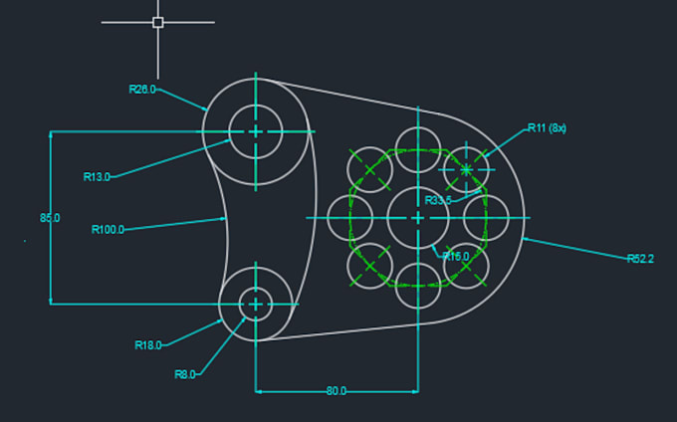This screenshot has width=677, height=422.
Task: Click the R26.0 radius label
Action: pos(142,90)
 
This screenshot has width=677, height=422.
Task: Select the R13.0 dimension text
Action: pos(97,177)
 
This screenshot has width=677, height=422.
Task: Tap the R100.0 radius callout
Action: pos(108,230)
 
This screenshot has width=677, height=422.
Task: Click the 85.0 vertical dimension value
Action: pos(50,218)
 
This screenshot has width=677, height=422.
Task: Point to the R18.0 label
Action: pos(148,345)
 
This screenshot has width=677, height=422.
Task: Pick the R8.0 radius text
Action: pos(185,374)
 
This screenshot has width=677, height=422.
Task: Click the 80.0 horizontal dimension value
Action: pos(337,391)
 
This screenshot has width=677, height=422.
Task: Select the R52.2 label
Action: pos(640,259)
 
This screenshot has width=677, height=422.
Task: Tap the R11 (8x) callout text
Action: pos(547,128)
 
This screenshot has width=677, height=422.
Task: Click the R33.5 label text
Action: pos(438,200)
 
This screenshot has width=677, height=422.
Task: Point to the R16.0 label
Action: pos(455,257)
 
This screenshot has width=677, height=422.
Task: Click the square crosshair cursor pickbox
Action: pos(157,22)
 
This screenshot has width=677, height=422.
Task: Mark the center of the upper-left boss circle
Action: pos(256,130)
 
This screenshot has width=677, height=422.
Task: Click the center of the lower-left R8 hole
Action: pos(256,305)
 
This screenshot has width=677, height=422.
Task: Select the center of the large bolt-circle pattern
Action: pos(417,217)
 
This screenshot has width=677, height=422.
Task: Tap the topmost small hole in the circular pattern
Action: pos(417,147)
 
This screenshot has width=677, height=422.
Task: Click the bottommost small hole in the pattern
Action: pos(417,286)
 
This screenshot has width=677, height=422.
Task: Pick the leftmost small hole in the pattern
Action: pos(348,217)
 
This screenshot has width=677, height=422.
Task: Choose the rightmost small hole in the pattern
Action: pos(488,217)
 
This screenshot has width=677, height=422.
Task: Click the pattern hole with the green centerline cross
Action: pos(466,168)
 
